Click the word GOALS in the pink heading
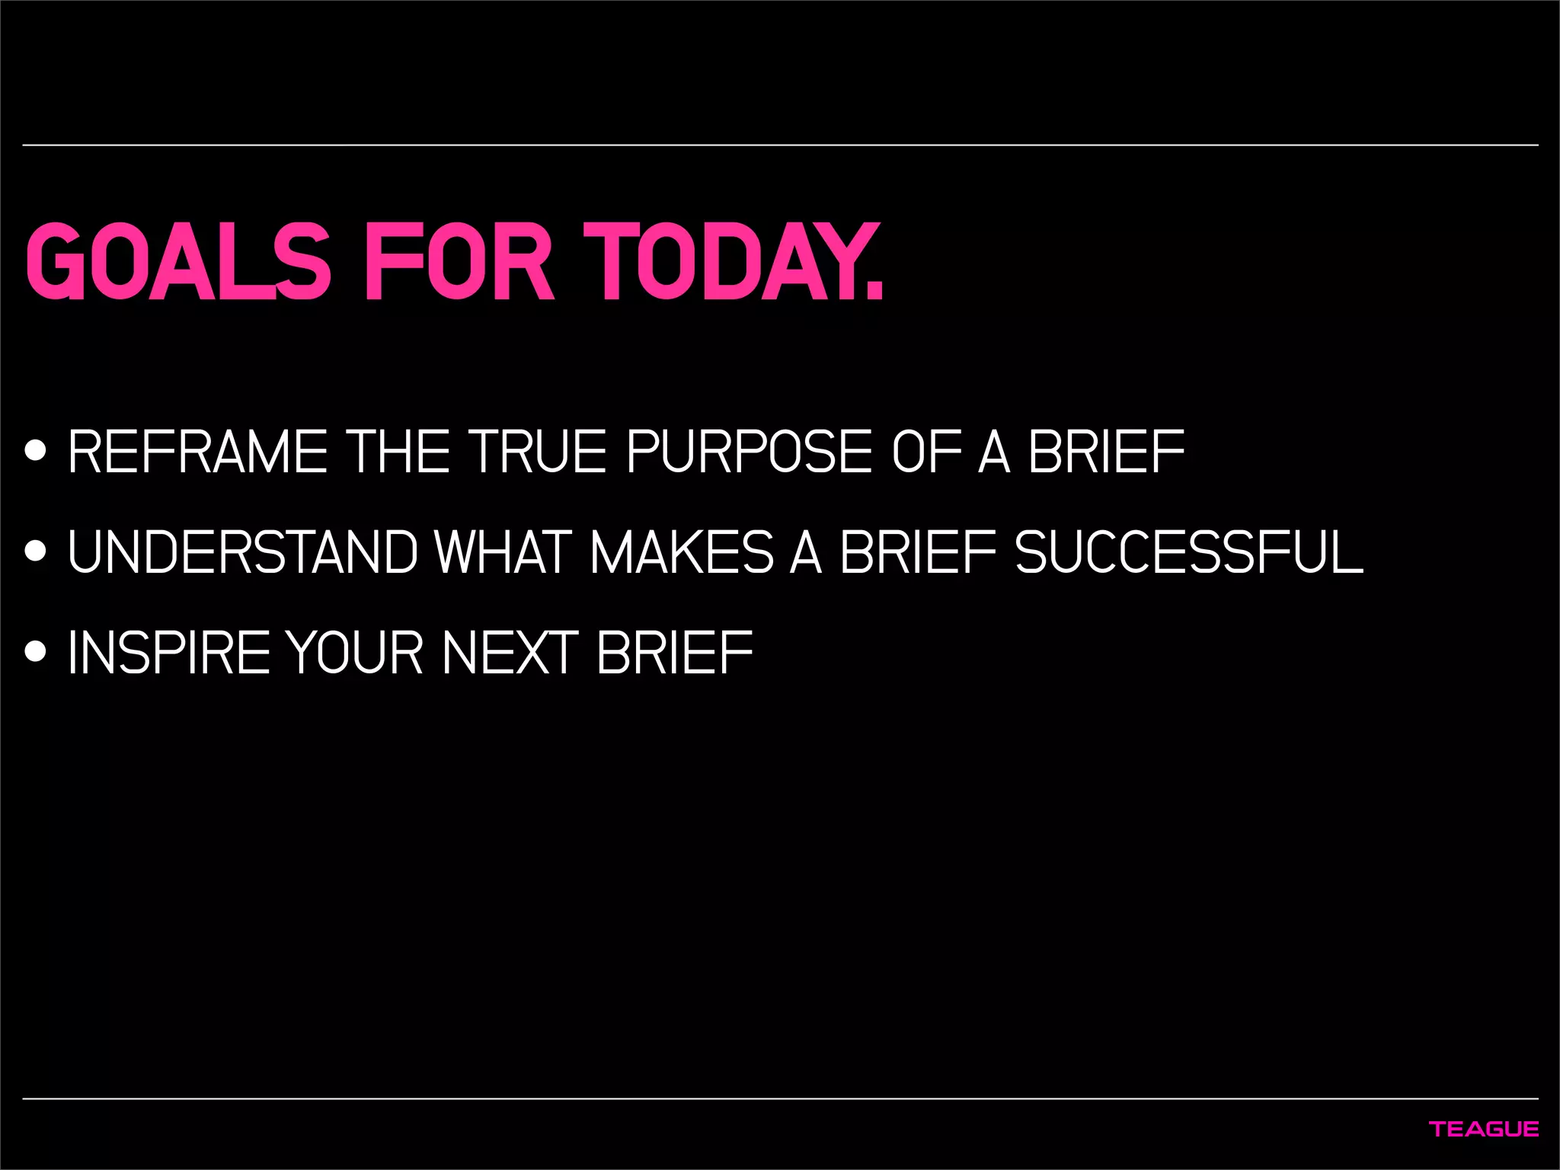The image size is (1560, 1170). point(178,262)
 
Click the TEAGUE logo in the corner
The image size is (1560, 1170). point(1484,1129)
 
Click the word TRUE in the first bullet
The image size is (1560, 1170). point(538,452)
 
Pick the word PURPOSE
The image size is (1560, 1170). point(749,452)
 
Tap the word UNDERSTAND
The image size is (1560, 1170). point(243,552)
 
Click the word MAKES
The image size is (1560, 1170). point(682,552)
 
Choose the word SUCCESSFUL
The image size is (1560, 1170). point(1189,552)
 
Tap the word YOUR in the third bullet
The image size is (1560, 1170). point(355,653)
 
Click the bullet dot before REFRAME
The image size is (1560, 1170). point(35,451)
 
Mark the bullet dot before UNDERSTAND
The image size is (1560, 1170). point(35,551)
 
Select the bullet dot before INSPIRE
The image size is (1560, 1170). point(35,651)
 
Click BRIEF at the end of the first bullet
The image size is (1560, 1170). point(1107,452)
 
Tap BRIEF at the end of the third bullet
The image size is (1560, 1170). point(675,653)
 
